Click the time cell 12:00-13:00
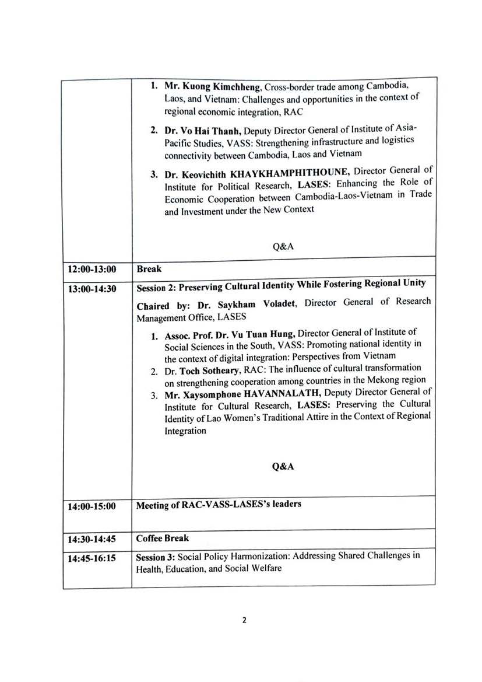(x=92, y=269)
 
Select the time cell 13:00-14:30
(x=92, y=288)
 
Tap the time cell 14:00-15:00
(x=92, y=506)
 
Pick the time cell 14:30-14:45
(x=92, y=539)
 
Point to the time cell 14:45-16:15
(x=92, y=558)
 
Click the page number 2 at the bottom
(x=244, y=620)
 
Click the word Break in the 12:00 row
(x=149, y=269)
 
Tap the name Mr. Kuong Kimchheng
(x=213, y=86)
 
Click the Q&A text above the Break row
(x=283, y=246)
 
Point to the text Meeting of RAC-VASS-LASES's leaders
(x=219, y=505)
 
